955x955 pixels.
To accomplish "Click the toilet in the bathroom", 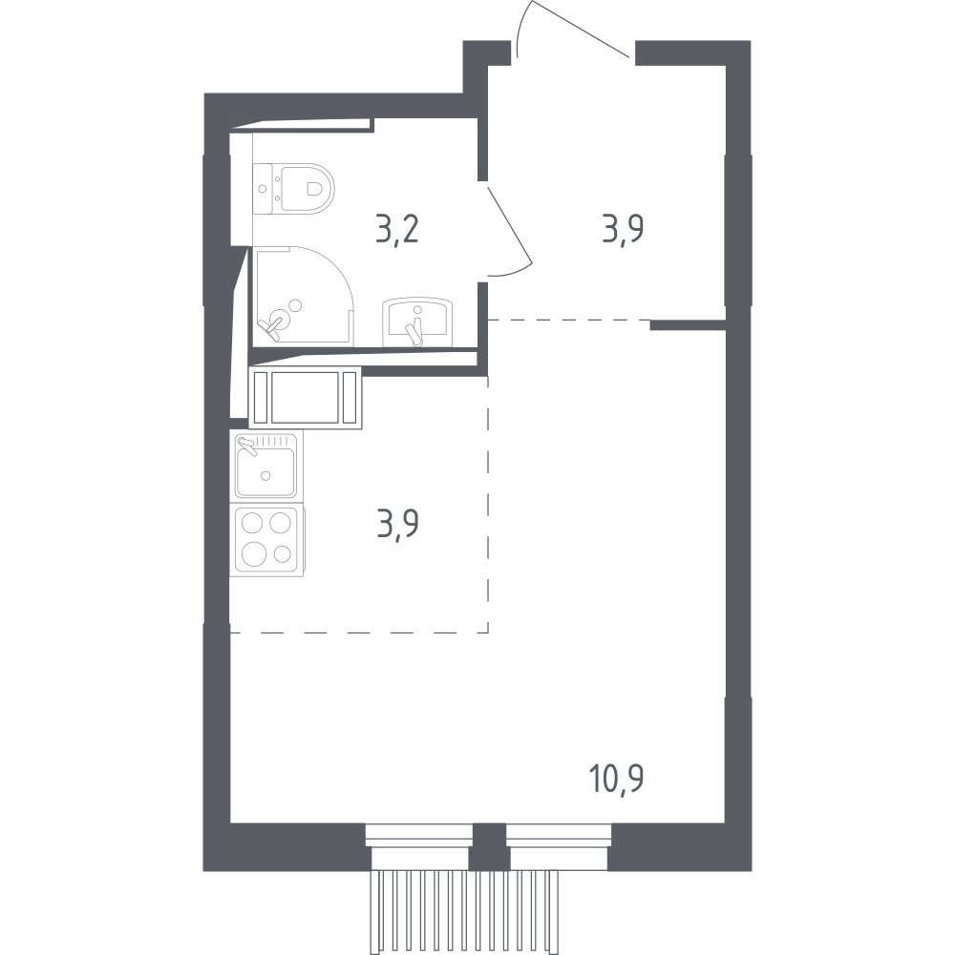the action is click(293, 189).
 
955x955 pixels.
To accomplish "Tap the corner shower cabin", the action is click(303, 296).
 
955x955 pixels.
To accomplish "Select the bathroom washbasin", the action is click(417, 322).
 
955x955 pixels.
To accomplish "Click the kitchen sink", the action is click(265, 466).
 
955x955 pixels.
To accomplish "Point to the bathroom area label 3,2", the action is click(397, 230).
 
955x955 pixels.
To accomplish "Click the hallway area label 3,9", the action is click(624, 230).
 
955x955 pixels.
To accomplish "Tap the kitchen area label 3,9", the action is click(397, 525).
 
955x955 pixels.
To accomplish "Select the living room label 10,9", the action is click(617, 779).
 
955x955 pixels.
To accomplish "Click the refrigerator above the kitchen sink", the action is click(305, 398).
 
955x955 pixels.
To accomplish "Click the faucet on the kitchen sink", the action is click(247, 446).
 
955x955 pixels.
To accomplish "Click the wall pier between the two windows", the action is click(490, 846).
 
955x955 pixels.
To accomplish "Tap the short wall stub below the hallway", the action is click(688, 325).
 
